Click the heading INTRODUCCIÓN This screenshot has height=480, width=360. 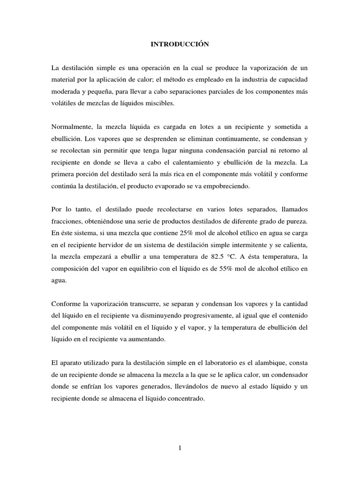tap(179, 45)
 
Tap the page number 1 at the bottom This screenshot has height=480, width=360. tap(180, 448)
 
